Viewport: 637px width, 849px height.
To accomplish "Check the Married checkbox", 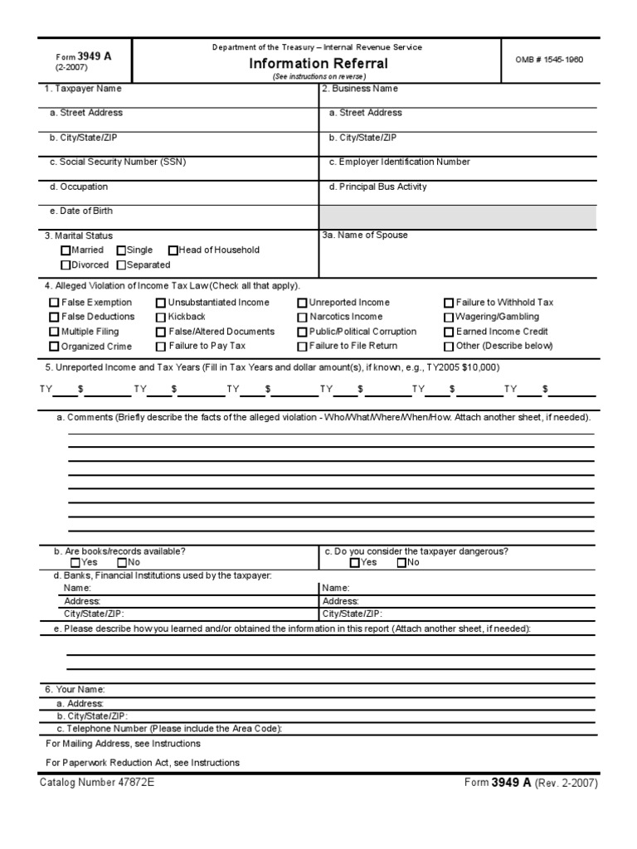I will pyautogui.click(x=66, y=250).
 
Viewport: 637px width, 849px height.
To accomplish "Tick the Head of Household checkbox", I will pyautogui.click(x=173, y=250).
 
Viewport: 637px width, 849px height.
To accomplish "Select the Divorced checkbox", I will pyautogui.click(x=66, y=265).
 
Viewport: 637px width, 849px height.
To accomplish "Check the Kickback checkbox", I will pyautogui.click(x=161, y=318).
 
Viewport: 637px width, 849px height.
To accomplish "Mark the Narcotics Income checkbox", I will pyautogui.click(x=302, y=318).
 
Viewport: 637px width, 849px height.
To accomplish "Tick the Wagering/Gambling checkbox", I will pyautogui.click(x=449, y=318).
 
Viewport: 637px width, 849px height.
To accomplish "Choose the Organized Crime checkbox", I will pyautogui.click(x=55, y=347).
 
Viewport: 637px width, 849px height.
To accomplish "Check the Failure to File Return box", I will pyautogui.click(x=302, y=347).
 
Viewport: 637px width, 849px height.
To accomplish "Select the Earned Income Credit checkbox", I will pyautogui.click(x=449, y=332).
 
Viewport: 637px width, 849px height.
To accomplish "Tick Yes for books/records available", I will pyautogui.click(x=76, y=563).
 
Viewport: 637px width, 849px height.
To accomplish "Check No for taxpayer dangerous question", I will pyautogui.click(x=401, y=563).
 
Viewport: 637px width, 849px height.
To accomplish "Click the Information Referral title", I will pyautogui.click(x=318, y=64).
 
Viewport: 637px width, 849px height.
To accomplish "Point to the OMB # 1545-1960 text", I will pyautogui.click(x=549, y=60).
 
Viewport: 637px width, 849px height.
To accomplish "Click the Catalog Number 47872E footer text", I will pyautogui.click(x=96, y=782).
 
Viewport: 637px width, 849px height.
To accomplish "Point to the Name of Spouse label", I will pyautogui.click(x=365, y=235).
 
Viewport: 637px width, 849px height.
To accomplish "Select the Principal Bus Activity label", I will pyautogui.click(x=377, y=187).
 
